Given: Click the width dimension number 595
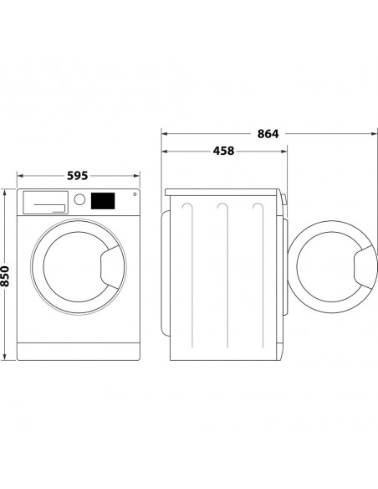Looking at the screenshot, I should [x=77, y=176].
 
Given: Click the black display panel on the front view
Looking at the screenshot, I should [x=103, y=201].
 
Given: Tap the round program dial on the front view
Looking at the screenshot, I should [x=80, y=200].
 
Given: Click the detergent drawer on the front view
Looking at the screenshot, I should [x=44, y=201].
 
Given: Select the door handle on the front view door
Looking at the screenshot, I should [x=110, y=267].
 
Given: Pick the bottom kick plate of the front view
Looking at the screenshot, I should [x=77, y=351].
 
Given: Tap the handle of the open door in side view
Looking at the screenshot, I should [x=364, y=268].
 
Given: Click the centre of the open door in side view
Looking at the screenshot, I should [x=332, y=268].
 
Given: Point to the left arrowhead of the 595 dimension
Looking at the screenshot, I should [x=19, y=176].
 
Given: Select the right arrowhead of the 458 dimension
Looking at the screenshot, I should [x=285, y=152].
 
